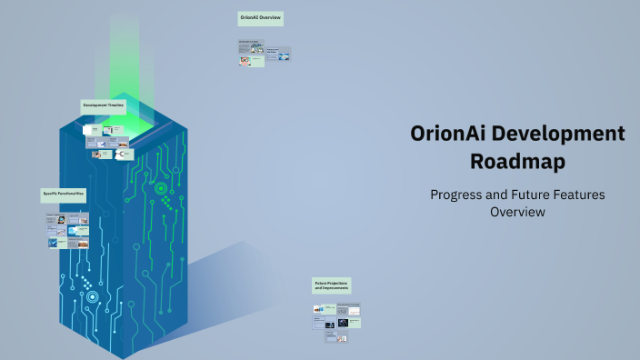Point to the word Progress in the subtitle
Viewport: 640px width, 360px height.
click(458, 195)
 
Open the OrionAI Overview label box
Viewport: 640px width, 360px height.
click(261, 17)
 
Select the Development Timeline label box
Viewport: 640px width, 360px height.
click(104, 105)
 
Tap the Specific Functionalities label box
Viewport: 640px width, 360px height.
click(64, 194)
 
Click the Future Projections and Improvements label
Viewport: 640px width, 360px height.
click(332, 285)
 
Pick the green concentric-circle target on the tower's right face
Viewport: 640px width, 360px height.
click(161, 188)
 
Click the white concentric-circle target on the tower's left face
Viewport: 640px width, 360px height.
click(92, 296)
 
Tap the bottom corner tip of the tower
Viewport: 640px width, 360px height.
click(122, 356)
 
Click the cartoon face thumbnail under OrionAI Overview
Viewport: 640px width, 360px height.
click(245, 61)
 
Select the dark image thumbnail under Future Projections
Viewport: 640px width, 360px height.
click(343, 322)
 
